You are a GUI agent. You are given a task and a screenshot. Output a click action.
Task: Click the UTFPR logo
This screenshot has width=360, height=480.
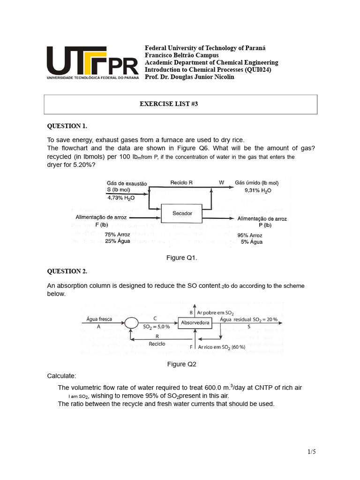coord(92,64)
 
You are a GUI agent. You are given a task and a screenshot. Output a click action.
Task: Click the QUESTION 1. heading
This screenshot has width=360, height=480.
coord(67,126)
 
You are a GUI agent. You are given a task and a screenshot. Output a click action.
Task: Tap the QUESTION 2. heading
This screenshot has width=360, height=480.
coord(67,271)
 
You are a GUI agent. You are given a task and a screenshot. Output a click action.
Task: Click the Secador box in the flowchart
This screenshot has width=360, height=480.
coord(182,213)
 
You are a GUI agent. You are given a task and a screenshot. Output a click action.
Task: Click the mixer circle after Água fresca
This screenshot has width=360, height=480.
coord(131,322)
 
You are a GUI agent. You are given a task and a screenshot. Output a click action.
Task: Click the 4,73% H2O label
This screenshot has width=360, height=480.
coord(120,197)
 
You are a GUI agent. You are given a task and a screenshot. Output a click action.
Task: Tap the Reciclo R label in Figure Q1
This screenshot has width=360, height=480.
coord(181,183)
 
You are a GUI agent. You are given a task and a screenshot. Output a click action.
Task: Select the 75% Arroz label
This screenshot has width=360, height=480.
coord(117,234)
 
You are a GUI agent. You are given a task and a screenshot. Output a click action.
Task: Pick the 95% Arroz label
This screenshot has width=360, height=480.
coord(250,235)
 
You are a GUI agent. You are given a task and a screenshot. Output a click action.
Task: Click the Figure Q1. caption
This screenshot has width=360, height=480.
coord(182,257)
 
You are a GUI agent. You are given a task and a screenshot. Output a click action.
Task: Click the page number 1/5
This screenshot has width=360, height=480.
coord(312,452)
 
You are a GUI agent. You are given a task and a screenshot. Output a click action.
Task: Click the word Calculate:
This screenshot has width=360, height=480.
coord(61,376)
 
